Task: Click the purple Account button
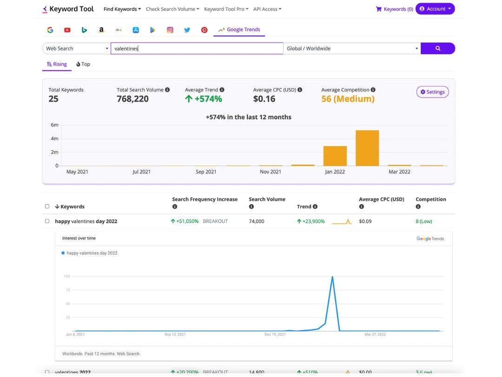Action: tap(435, 9)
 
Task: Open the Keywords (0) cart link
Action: tap(394, 9)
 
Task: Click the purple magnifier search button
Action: tap(437, 48)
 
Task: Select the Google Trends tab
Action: tap(239, 30)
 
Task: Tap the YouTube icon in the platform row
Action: tap(67, 30)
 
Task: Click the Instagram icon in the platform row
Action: tap(170, 30)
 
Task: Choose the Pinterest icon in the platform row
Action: tap(204, 30)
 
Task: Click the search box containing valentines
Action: tap(197, 48)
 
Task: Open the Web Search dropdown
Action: tap(76, 48)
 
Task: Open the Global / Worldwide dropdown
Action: tap(352, 48)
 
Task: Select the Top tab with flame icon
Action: tap(83, 64)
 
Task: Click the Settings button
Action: tap(432, 92)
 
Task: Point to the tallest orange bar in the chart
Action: tap(367, 148)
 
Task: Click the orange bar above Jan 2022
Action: tap(335, 156)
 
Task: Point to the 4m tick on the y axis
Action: tap(54, 139)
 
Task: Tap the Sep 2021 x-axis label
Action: tap(206, 172)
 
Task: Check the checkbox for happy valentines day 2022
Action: tap(47, 221)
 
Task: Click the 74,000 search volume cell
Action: tap(257, 222)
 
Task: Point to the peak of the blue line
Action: tap(332, 277)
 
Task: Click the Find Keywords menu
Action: tap(122, 9)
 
